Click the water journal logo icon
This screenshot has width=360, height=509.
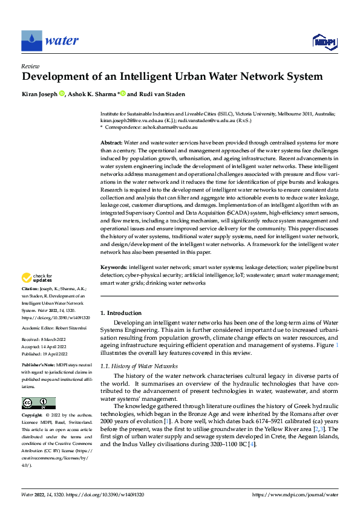(32, 41)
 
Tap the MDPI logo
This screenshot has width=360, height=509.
(324, 42)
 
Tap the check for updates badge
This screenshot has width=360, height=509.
(36, 278)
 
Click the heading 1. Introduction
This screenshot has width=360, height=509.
(120, 313)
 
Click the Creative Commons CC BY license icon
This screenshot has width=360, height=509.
(38, 403)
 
